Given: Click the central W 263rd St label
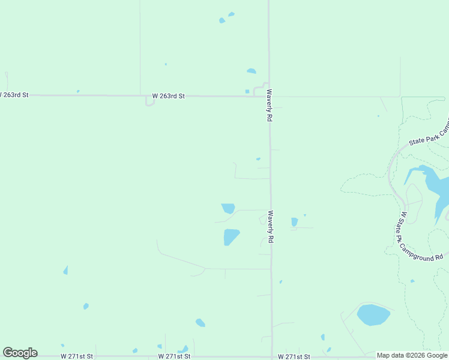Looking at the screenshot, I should tap(168, 95).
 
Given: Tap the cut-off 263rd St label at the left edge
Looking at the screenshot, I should tap(14, 95).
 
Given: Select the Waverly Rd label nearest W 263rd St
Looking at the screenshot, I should tap(270, 107).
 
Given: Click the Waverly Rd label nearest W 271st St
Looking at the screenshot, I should tap(271, 226).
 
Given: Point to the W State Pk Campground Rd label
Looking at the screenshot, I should tap(421, 236).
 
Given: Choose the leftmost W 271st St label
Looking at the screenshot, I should tap(77, 356).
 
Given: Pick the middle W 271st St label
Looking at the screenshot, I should tap(175, 356).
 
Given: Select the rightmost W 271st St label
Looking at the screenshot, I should tap(294, 356).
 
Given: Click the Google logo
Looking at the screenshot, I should tap(20, 353).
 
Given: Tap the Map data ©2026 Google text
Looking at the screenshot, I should tap(412, 355).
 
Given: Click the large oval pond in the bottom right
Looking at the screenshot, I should tap(373, 314).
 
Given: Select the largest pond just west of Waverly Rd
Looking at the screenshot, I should tap(231, 236).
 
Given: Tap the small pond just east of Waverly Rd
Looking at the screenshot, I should tap(294, 222).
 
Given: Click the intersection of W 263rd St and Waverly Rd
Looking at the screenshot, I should tap(269, 96).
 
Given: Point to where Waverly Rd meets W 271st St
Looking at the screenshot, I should tap(272, 356).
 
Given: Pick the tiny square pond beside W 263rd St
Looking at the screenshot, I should tap(247, 91).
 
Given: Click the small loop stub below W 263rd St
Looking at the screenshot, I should tap(149, 103).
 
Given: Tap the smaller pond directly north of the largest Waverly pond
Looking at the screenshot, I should tap(228, 208).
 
